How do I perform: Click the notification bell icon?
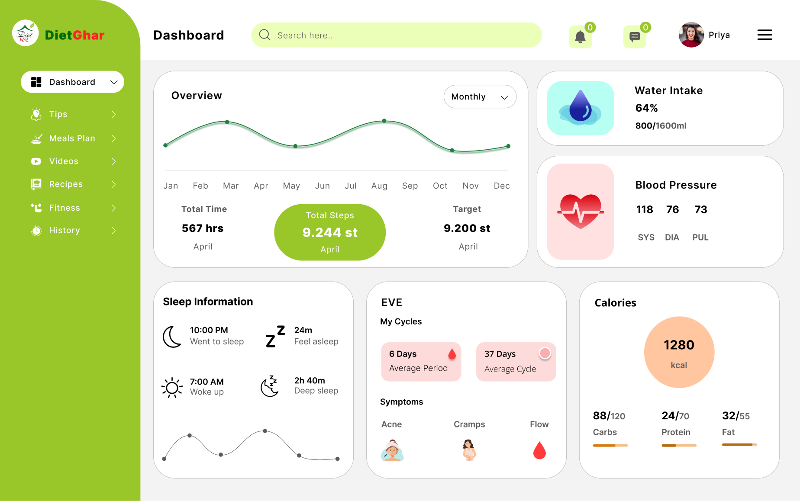580,37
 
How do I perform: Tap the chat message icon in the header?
634,37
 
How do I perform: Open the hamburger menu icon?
765,35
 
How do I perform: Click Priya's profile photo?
691,35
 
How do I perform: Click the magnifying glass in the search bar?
265,35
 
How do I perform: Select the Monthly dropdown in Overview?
480,96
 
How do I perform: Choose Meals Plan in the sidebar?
72,138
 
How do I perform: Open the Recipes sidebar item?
66,184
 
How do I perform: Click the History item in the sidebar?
65,231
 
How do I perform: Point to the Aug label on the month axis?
379,186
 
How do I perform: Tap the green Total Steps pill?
330,232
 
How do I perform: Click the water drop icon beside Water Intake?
581,108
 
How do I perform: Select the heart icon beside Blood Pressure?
581,211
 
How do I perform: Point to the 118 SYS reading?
645,210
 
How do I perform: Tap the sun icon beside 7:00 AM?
172,387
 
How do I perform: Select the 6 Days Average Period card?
421,362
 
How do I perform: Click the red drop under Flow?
539,450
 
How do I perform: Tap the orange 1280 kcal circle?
679,352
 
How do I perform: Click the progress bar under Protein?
679,445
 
